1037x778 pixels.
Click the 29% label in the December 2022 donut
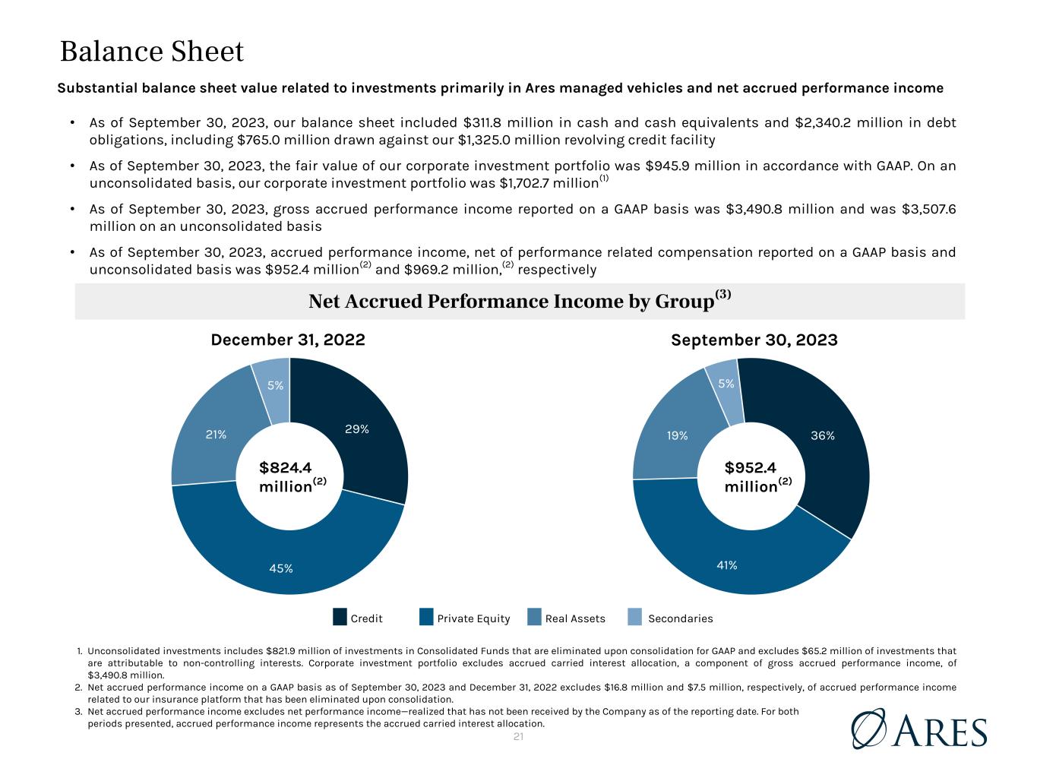(x=356, y=429)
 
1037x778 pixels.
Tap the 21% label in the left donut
(x=216, y=435)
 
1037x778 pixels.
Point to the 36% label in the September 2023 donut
(x=823, y=435)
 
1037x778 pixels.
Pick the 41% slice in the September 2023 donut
(x=727, y=565)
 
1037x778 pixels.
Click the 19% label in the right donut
(x=678, y=435)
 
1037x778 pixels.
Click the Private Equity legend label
(x=473, y=618)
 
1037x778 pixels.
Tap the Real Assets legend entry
(x=575, y=618)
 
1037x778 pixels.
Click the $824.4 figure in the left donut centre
(x=286, y=468)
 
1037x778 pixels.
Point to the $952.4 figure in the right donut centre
(x=751, y=468)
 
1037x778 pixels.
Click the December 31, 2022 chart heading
(x=288, y=340)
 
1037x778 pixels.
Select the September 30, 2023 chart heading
(x=754, y=340)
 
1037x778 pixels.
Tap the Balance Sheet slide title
(x=152, y=52)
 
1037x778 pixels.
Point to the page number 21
(x=518, y=737)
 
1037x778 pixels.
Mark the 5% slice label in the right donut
(x=726, y=384)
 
